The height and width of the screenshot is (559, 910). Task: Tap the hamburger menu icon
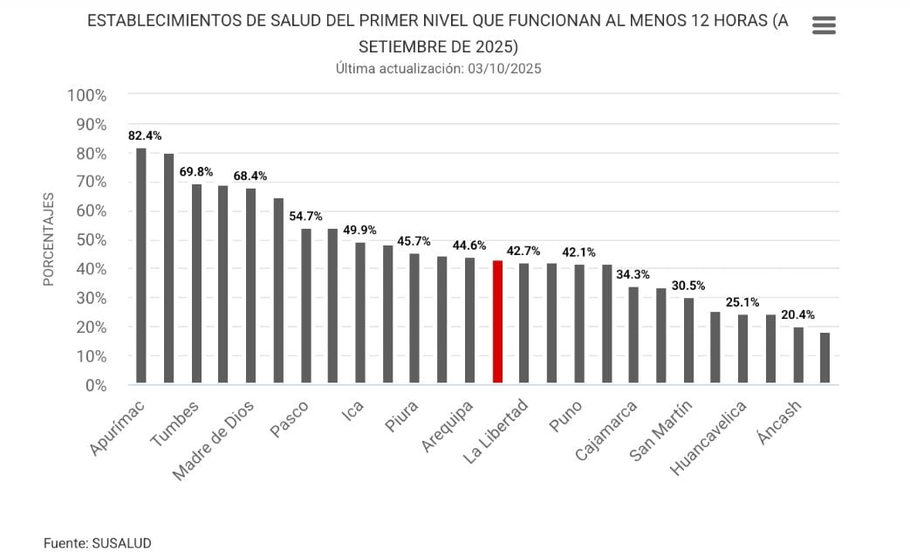tap(824, 25)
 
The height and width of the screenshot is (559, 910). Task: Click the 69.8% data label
tap(196, 172)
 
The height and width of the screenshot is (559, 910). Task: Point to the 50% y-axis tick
tap(88, 240)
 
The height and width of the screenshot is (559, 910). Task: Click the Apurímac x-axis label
tap(117, 428)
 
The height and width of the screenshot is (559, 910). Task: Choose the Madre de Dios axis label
tap(214, 440)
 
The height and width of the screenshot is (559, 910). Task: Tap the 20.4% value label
tap(797, 315)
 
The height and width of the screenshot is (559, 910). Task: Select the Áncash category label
tap(780, 423)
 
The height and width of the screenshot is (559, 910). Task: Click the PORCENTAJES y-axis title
tap(49, 239)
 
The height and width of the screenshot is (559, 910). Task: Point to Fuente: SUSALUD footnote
tap(92, 543)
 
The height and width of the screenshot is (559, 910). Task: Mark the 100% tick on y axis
tap(86, 95)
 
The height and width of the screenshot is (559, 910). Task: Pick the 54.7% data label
tap(305, 217)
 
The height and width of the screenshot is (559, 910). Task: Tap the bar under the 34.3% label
tap(633, 335)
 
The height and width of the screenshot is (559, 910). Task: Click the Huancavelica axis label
tap(709, 438)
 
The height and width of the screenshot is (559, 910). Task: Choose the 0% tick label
tap(95, 385)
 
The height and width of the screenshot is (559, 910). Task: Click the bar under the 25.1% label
tap(715, 348)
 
